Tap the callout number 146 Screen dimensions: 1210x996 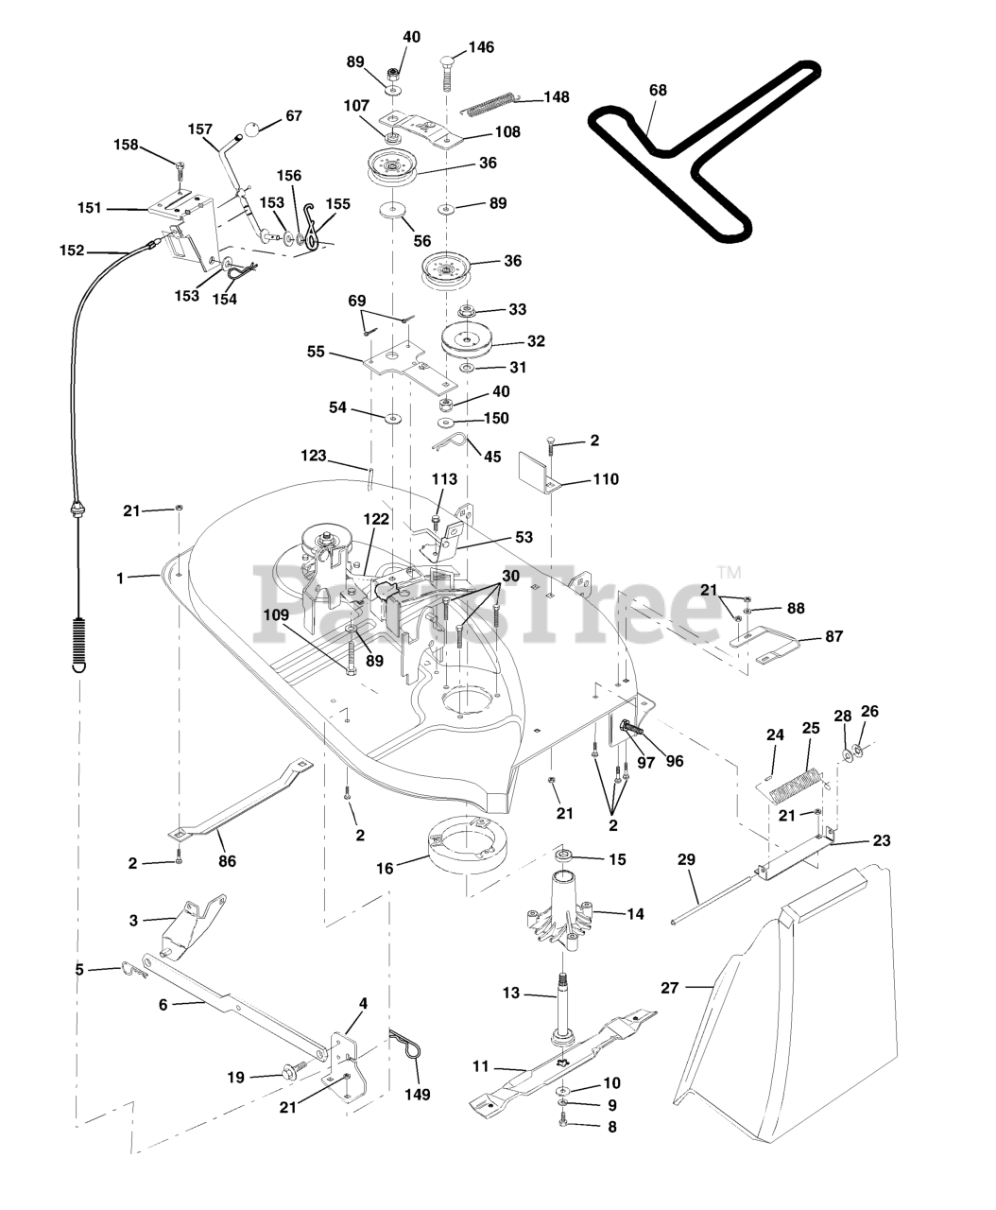point(480,47)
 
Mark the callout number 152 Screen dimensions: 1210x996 point(72,251)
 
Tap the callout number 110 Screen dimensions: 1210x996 point(606,479)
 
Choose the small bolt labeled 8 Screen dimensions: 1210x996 point(565,1125)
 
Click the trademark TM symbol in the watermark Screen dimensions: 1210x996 point(729,572)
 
